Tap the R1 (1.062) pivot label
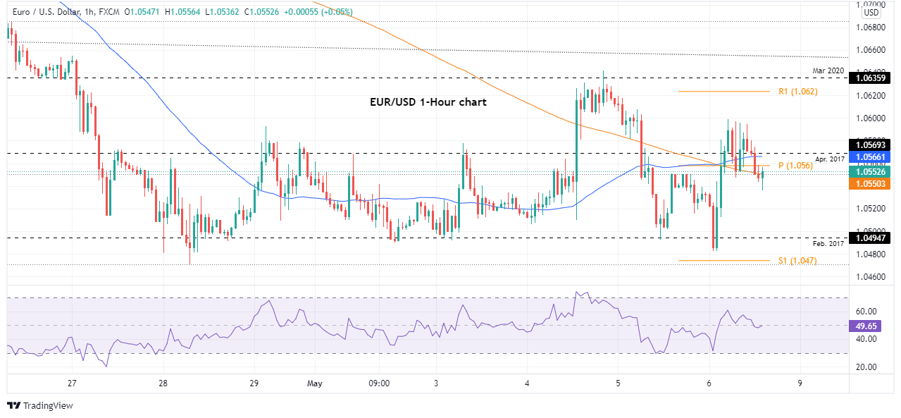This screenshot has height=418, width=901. [x=797, y=92]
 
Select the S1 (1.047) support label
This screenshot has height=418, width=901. [x=797, y=260]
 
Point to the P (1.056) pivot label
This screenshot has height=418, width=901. [x=795, y=166]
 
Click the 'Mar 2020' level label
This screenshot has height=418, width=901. [x=828, y=71]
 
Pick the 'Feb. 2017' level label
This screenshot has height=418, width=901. [x=828, y=243]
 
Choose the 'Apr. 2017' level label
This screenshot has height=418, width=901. [x=830, y=159]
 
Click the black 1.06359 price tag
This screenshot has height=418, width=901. [x=874, y=78]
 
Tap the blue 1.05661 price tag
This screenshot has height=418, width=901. [x=874, y=157]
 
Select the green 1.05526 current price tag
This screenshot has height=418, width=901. [x=874, y=171]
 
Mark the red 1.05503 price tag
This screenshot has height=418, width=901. [x=874, y=183]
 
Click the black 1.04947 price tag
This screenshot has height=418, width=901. [x=874, y=238]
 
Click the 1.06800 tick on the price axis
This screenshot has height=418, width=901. [x=871, y=27]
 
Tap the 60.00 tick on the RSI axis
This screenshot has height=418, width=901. [x=866, y=312]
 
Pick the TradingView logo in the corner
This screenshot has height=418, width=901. [x=40, y=406]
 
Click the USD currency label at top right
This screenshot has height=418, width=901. [x=871, y=13]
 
